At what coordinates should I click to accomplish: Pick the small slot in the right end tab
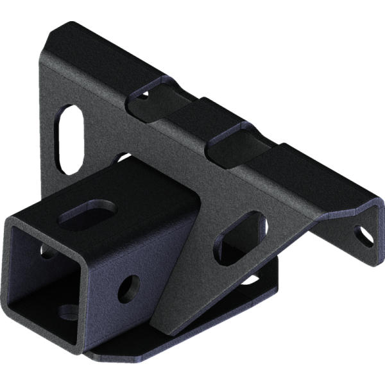click(364, 236)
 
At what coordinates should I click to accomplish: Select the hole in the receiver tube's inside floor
click(66, 312)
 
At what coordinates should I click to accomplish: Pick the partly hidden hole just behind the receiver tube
click(122, 157)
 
